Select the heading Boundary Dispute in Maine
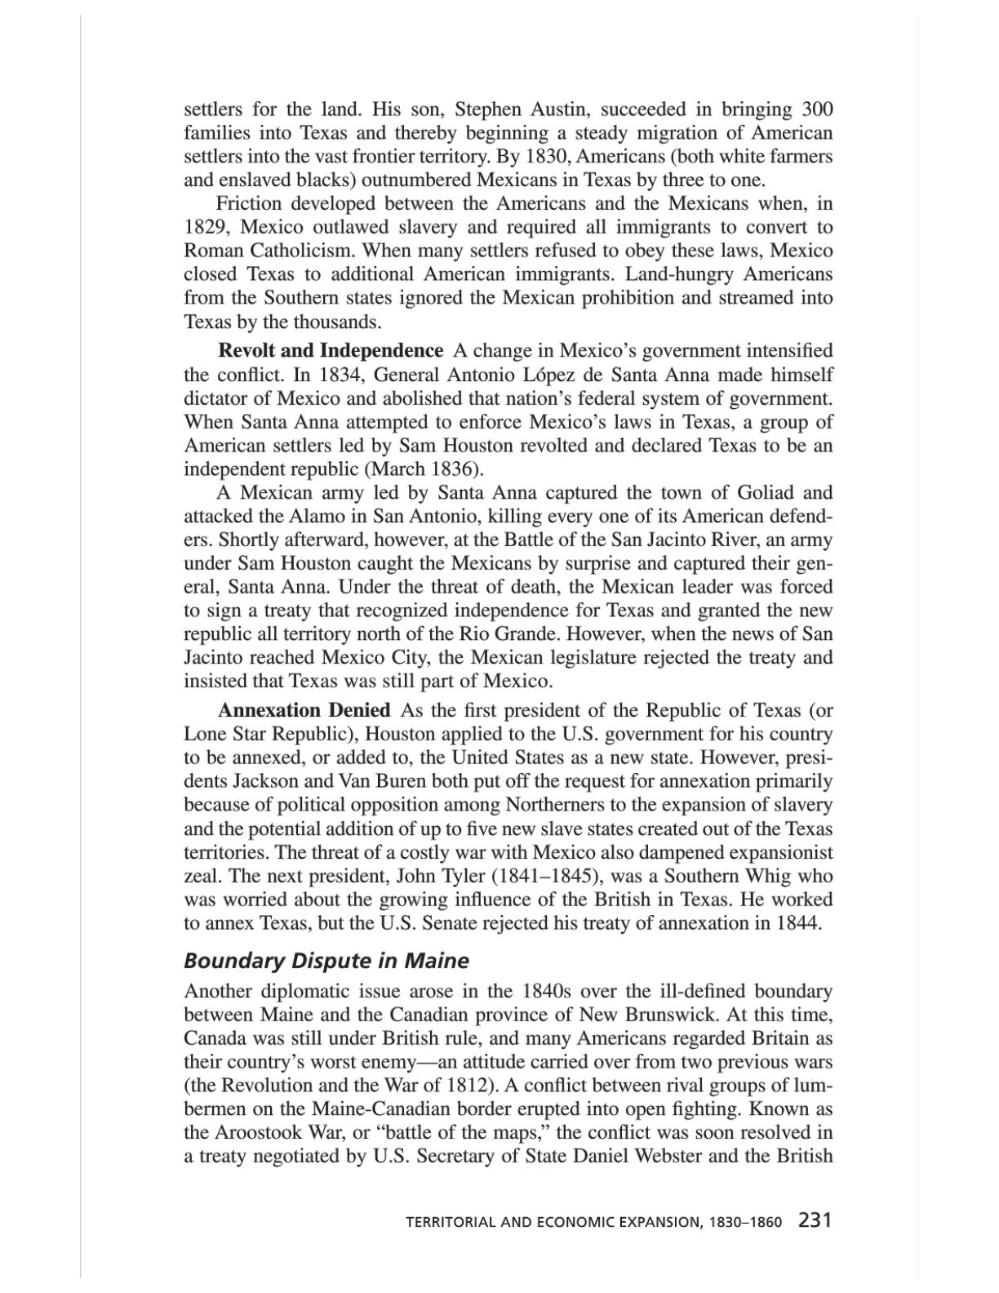326,961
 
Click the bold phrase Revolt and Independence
331,351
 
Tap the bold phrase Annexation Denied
304,710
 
